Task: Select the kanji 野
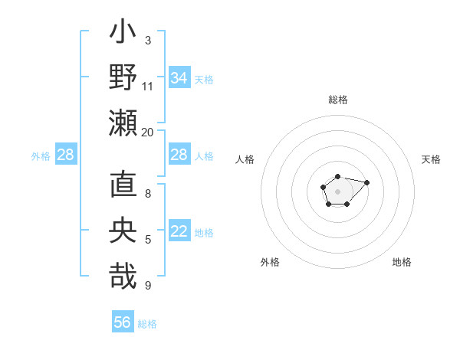click(x=123, y=78)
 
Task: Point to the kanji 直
click(x=123, y=185)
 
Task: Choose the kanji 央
click(x=123, y=231)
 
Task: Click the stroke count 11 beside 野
click(x=148, y=86)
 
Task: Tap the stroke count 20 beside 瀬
click(x=148, y=132)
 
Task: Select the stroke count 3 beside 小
click(x=148, y=40)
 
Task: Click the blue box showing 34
click(x=179, y=78)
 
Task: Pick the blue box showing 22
click(x=179, y=232)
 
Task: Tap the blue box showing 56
click(x=123, y=322)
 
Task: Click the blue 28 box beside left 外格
click(x=66, y=155)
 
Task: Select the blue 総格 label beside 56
click(x=147, y=324)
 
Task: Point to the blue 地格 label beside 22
click(x=204, y=233)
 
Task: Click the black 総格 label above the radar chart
click(x=337, y=100)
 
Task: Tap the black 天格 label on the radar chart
click(x=431, y=159)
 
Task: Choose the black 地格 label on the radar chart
click(x=402, y=262)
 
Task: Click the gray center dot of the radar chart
click(x=337, y=190)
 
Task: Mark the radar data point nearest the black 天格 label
click(x=366, y=182)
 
